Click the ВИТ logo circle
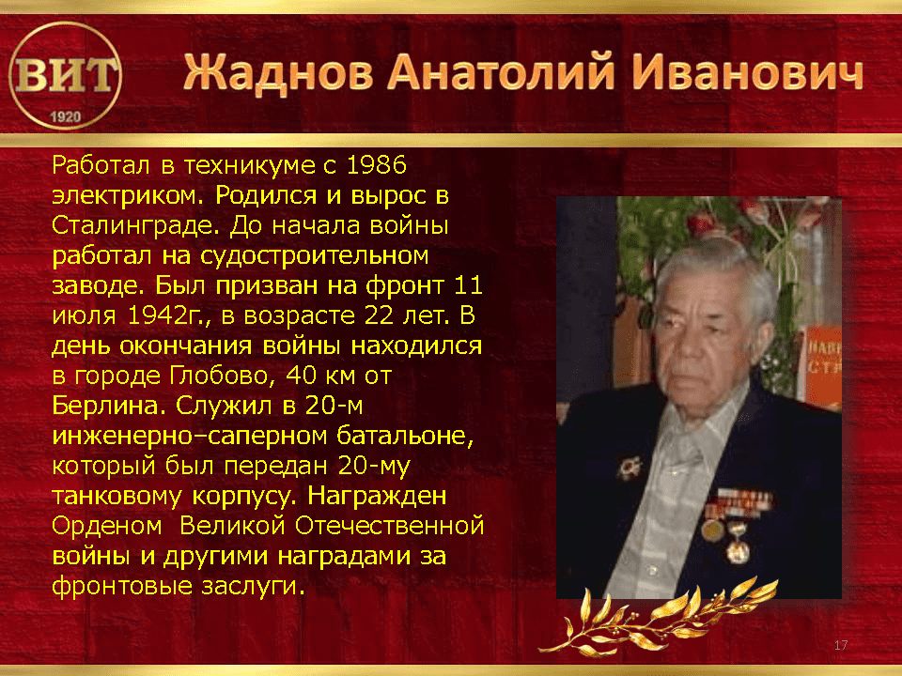click(66, 76)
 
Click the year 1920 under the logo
click(66, 117)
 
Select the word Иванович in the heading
click(747, 73)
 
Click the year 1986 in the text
click(377, 165)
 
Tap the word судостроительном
click(314, 256)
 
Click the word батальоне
click(405, 437)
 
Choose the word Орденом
click(107, 527)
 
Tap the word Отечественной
click(389, 526)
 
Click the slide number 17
click(840, 645)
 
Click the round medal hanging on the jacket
click(712, 530)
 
